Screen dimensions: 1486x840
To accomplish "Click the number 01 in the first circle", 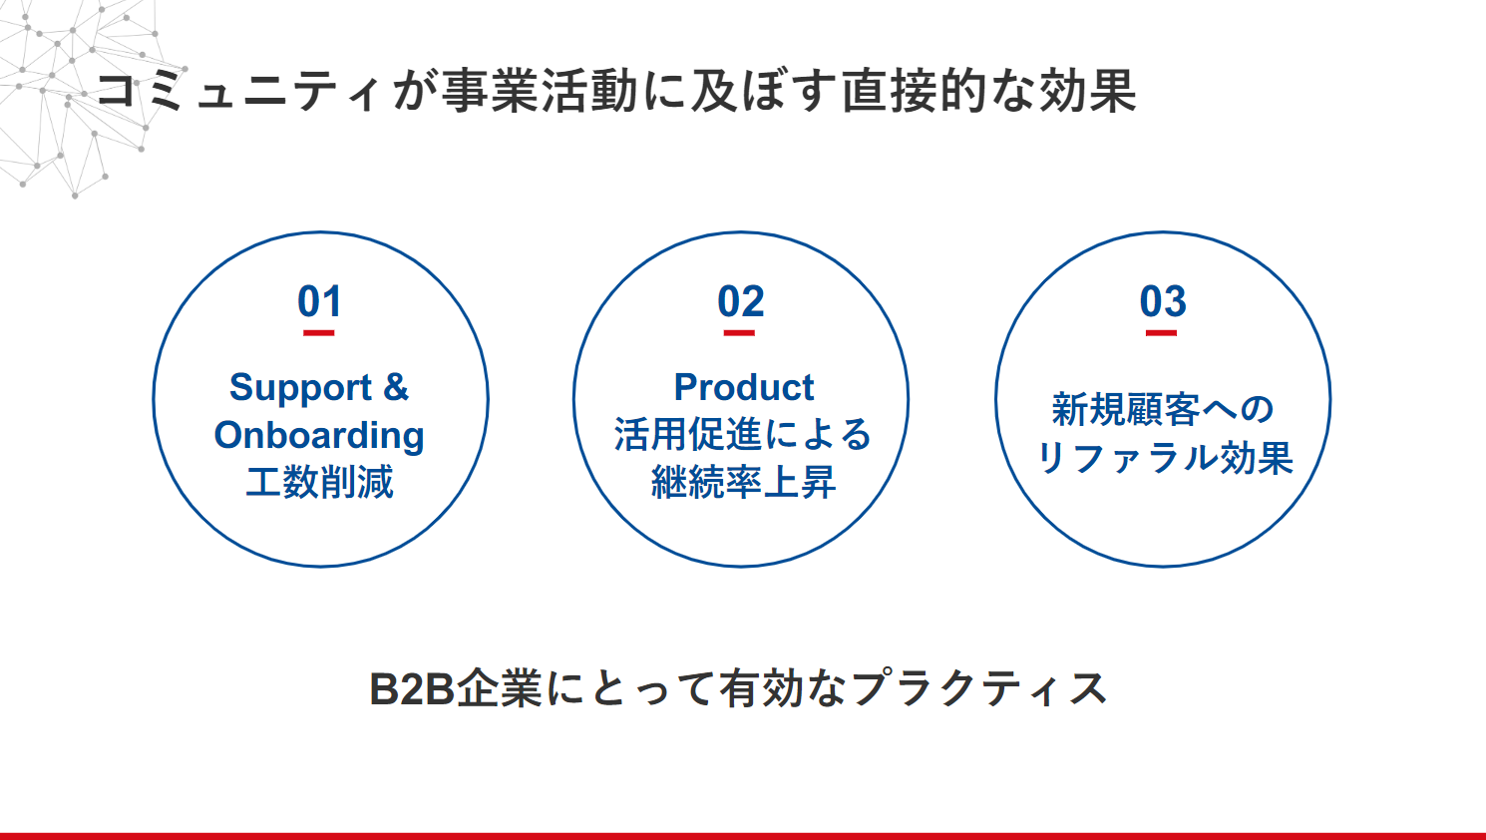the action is coord(319,301).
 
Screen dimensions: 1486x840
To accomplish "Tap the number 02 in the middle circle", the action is coord(740,301).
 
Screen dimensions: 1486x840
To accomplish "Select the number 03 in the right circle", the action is coord(1162,301).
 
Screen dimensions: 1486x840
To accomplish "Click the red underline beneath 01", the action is coord(318,333).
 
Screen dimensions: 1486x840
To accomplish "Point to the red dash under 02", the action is coord(739,333).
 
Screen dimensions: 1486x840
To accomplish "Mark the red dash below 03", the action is coord(1161,333).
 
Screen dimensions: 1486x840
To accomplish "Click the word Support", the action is coord(300,388).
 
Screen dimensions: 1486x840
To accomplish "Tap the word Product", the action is coord(744,387).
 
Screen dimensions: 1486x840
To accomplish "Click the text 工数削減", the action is coord(320,482).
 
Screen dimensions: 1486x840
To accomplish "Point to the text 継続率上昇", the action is coord(743,482).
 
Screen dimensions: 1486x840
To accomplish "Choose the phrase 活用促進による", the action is coord(742,435).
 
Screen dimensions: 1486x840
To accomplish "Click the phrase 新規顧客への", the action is coord(1162,409).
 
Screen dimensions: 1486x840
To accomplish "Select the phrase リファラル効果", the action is coord(1164,458).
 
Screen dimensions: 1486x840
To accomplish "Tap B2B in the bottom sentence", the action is coord(412,688).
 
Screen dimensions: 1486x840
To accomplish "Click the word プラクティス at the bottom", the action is coord(978,688).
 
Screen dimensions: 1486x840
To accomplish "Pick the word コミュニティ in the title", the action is coord(237,91).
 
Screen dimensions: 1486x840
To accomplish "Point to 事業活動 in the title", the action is coord(541,91).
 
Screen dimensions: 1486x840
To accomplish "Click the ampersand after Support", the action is coord(395,387).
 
